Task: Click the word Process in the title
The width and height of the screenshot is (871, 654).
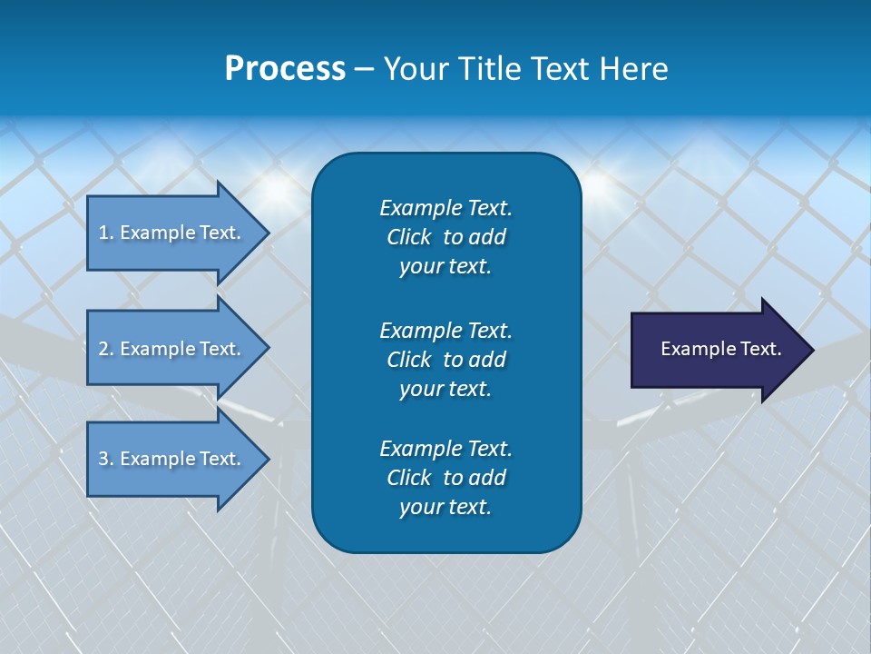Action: pyautogui.click(x=285, y=69)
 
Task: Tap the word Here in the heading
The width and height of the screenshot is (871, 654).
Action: pyautogui.click(x=632, y=69)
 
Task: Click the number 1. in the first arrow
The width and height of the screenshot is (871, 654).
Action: pyautogui.click(x=106, y=233)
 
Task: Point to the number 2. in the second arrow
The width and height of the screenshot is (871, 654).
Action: pyautogui.click(x=106, y=349)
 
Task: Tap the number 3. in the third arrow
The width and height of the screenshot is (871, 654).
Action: pyautogui.click(x=106, y=459)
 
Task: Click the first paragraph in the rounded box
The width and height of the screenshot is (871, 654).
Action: pyautogui.click(x=445, y=237)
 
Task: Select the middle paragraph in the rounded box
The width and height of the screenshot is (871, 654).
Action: pyautogui.click(x=445, y=360)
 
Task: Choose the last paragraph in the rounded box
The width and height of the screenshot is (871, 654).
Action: pyautogui.click(x=445, y=478)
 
